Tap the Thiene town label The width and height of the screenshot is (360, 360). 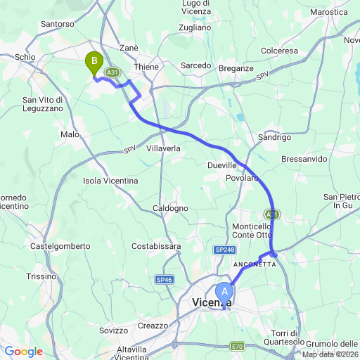tap(147, 65)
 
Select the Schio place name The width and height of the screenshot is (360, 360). tap(24, 56)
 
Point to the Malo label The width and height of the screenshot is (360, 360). tap(70, 134)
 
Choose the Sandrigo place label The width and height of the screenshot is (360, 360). tap(275, 137)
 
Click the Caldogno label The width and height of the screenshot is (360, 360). tap(171, 208)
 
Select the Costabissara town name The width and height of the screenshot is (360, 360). tap(156, 246)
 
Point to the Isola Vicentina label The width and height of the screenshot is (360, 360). tap(110, 181)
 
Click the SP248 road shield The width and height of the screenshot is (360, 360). tap(225, 250)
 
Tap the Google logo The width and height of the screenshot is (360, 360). tap(23, 352)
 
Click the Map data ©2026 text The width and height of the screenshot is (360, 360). tap(330, 354)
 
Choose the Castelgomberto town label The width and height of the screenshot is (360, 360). tap(60, 246)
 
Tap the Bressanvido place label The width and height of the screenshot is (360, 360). tap(304, 160)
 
